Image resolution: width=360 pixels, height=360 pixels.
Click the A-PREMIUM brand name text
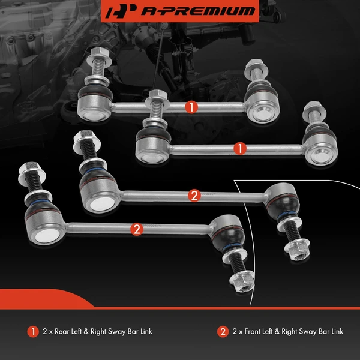point(197,11)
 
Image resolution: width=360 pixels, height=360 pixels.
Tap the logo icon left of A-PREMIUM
point(123,11)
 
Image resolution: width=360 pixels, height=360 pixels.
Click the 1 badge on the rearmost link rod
point(191,107)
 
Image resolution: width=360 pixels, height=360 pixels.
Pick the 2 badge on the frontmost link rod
point(137,228)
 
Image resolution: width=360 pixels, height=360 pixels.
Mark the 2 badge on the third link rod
point(193,195)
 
